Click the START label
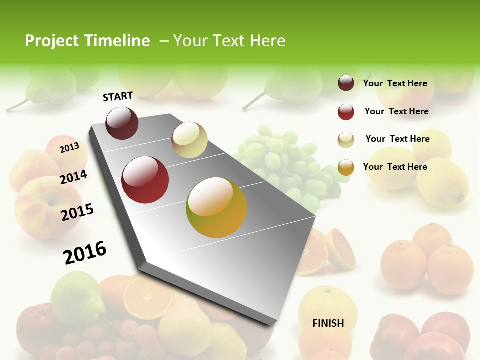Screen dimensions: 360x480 118,96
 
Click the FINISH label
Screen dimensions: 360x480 328,323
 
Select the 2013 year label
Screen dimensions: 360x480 69,147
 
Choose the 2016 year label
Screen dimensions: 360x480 85,252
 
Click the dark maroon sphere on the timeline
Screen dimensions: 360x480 122,123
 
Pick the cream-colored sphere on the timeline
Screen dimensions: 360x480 189,140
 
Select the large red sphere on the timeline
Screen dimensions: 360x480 145,180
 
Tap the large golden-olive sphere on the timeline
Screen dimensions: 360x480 216,207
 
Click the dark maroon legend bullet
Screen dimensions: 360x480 346,83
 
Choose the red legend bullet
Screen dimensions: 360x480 346,112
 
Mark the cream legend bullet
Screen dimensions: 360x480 346,140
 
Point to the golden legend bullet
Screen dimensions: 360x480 346,167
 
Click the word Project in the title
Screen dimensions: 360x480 52,41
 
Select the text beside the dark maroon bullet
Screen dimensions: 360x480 395,83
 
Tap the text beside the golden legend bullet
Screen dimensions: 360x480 395,167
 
